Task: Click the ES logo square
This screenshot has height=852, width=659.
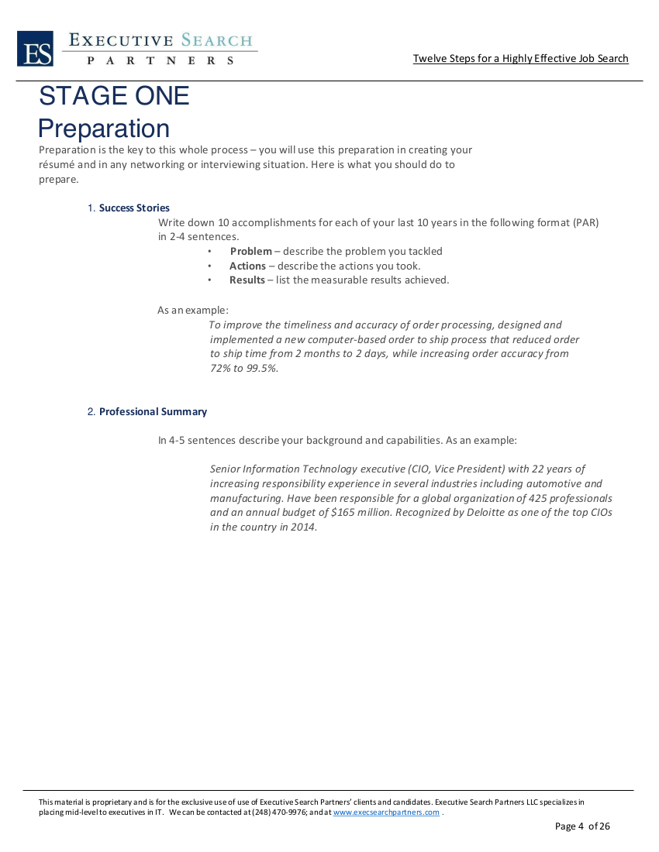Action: tap(35, 49)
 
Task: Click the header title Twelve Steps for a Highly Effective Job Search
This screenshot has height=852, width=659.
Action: tap(520, 59)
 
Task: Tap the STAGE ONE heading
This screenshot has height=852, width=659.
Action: tap(114, 96)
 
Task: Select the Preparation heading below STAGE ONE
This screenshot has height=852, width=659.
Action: tap(104, 129)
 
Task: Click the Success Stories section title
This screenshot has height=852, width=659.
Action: tap(134, 208)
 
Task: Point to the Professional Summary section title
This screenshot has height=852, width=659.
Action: tap(153, 411)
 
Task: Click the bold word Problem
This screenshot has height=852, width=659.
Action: tap(250, 251)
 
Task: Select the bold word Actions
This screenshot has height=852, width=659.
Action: tap(247, 266)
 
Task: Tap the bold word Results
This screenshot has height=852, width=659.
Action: tap(247, 280)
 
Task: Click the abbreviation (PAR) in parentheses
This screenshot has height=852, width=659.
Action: tap(585, 222)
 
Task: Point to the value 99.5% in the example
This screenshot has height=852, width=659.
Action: tap(260, 368)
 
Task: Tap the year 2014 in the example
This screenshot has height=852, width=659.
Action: tap(305, 527)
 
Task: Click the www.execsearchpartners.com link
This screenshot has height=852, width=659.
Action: tap(386, 812)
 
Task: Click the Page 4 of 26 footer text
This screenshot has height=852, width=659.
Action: tap(582, 826)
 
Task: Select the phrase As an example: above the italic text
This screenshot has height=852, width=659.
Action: tap(193, 310)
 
